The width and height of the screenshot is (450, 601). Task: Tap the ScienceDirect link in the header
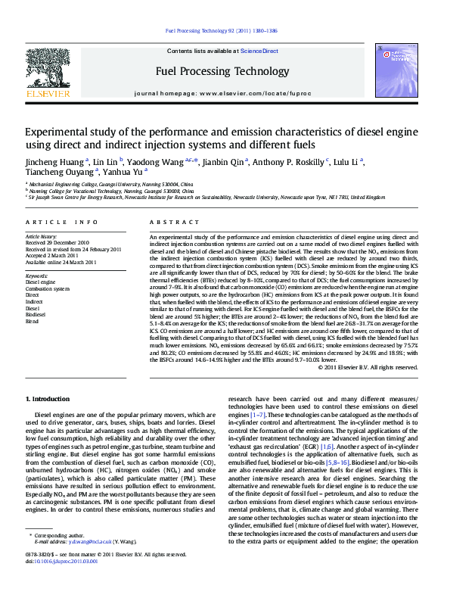tap(259, 51)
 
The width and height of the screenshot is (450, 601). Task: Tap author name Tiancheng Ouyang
tap(54, 171)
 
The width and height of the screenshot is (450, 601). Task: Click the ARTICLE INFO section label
tap(62, 222)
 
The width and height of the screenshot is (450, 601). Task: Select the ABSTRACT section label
tap(164, 222)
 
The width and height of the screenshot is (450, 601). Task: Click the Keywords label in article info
tap(37, 276)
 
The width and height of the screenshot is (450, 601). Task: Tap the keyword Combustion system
tap(47, 289)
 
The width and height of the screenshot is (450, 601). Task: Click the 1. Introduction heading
tap(50, 398)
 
